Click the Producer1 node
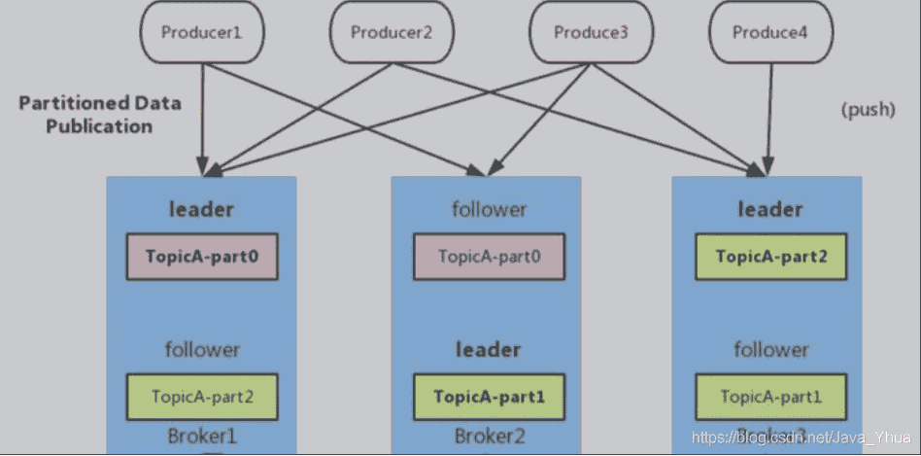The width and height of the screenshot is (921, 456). point(202,32)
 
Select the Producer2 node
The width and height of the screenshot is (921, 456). point(391,32)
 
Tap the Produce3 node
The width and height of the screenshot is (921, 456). point(592,32)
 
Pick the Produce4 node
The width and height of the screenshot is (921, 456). point(770,32)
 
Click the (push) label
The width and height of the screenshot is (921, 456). point(868,110)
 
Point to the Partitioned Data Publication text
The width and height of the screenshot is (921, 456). point(99,114)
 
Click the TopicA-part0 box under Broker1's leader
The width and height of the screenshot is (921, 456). point(203,258)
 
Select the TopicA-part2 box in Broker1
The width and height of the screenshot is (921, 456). point(203,397)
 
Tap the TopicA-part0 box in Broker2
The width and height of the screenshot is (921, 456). point(490,258)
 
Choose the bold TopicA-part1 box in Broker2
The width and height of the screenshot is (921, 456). point(490,397)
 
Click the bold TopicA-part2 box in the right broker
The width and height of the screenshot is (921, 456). point(770,258)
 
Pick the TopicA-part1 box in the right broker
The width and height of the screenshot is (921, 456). point(770,397)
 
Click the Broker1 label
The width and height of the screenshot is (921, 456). point(203,437)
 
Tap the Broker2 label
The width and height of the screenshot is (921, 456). point(490,437)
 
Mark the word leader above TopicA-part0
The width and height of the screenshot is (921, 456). point(201,209)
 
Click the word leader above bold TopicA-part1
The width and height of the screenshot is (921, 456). point(488,349)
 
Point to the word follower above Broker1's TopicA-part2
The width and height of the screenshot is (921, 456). point(202,349)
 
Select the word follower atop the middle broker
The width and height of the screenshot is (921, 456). point(489,209)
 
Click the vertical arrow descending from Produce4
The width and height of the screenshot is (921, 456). point(770,117)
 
